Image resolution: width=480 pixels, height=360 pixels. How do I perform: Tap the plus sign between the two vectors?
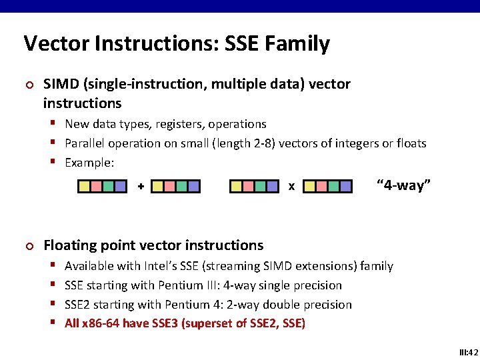click(x=141, y=187)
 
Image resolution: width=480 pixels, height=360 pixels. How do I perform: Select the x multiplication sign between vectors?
click(x=291, y=187)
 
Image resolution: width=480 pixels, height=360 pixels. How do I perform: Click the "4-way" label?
click(x=404, y=185)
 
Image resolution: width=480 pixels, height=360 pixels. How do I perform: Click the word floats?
click(x=409, y=143)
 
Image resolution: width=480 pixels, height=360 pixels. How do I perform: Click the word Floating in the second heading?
click(x=69, y=245)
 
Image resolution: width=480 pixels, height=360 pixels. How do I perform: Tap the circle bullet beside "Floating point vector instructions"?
click(x=28, y=247)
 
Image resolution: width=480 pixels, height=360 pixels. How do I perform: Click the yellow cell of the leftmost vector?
click(x=85, y=187)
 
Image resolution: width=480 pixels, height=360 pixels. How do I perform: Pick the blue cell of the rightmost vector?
click(x=345, y=187)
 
